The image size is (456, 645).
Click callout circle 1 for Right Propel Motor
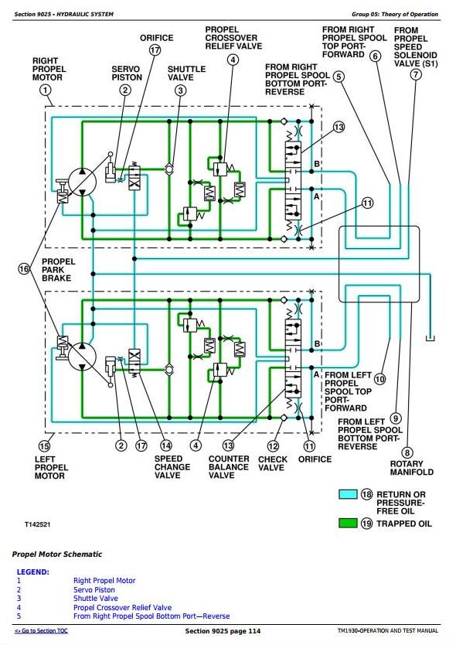[46, 90]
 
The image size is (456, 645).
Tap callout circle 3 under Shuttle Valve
[181, 90]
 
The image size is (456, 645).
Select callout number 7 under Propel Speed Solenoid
[416, 74]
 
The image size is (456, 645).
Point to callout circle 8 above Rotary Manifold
[407, 453]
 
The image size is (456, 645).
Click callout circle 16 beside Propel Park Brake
[24, 269]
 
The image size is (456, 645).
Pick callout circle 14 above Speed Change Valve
[166, 445]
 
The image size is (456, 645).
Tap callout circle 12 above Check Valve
[273, 446]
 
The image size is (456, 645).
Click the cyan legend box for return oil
[348, 494]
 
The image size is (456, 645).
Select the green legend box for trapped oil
[348, 524]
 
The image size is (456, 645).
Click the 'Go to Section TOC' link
[41, 630]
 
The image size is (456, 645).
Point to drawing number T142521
[37, 524]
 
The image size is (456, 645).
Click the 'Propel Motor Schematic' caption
[57, 554]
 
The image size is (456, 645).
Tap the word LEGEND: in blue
[33, 572]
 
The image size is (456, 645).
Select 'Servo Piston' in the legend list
[94, 589]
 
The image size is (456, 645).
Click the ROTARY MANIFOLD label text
[412, 468]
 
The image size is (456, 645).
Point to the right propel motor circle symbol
[82, 182]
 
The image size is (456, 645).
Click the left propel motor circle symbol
[82, 357]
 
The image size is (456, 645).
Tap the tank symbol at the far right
[430, 338]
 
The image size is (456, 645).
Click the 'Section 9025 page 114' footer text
[223, 631]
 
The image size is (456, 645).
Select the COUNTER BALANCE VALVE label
[229, 467]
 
